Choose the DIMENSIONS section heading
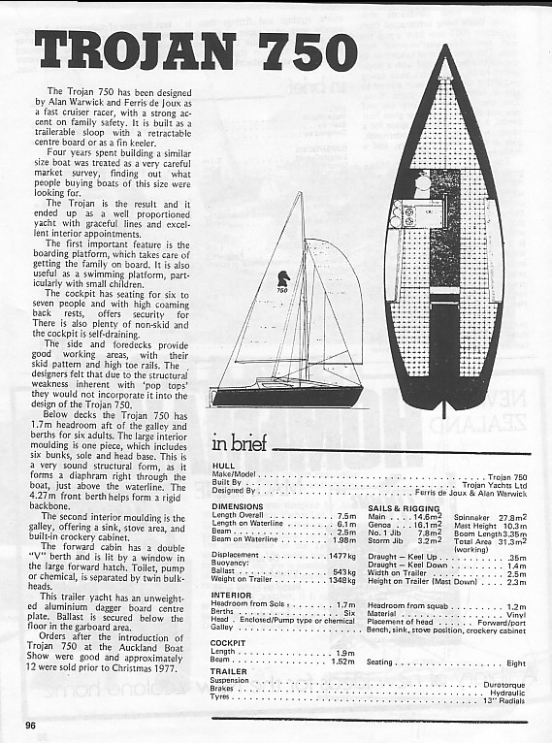tap(237, 506)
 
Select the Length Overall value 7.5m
tap(346, 515)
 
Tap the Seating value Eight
tap(516, 662)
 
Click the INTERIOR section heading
tap(231, 595)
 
